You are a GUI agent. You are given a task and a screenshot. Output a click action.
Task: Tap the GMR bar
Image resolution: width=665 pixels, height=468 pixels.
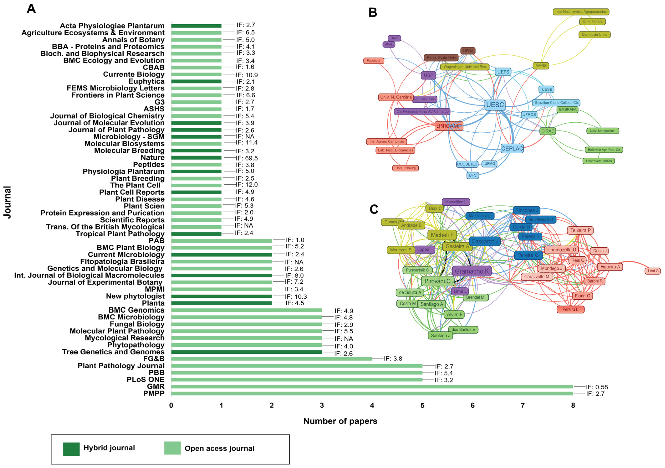tap(372, 387)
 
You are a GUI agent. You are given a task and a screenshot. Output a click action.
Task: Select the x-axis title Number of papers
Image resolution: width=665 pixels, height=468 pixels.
tap(340, 421)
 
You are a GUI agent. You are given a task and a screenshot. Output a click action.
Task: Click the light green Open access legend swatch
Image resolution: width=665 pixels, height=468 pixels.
tap(172, 448)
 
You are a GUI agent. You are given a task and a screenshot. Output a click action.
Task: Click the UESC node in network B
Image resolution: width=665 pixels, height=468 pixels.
tap(495, 105)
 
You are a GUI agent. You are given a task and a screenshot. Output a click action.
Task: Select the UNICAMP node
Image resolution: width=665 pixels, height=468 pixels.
tap(449, 126)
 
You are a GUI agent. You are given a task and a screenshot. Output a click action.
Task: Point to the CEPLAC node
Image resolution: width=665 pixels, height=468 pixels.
tap(512, 149)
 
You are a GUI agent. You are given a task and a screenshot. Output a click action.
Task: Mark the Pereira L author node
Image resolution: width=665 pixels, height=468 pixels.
tap(570, 309)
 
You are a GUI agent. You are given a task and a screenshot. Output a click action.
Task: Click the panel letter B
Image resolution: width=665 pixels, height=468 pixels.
tap(373, 13)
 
